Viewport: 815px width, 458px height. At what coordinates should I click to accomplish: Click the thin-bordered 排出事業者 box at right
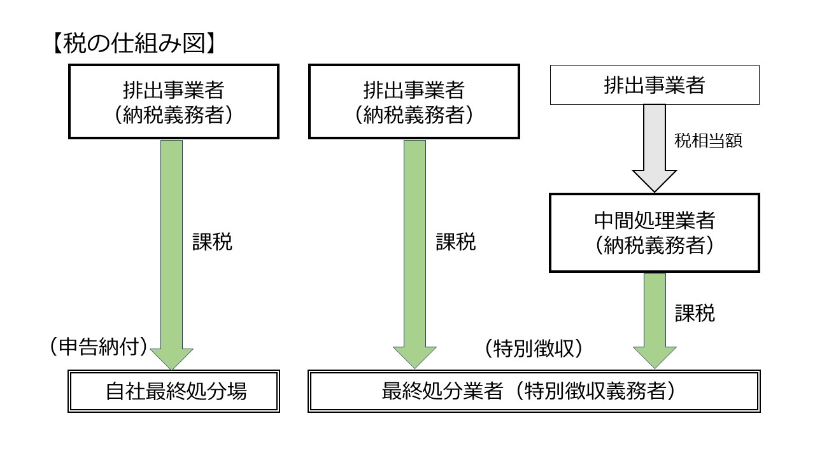(x=655, y=85)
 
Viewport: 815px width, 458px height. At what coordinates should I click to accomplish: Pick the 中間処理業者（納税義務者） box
(x=654, y=233)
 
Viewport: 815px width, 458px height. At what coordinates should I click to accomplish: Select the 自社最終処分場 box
(x=174, y=391)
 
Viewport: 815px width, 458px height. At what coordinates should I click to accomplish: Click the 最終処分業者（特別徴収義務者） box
(x=534, y=391)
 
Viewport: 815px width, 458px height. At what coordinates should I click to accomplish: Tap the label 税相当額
(x=708, y=141)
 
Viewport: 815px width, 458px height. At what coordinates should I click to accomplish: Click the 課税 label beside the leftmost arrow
(x=213, y=242)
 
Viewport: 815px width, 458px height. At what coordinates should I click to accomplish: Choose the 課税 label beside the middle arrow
(x=456, y=242)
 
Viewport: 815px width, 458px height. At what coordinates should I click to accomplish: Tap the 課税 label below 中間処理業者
(x=695, y=313)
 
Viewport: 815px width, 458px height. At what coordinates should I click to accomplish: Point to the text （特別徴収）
(x=534, y=349)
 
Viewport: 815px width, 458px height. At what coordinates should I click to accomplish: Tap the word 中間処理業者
(x=654, y=221)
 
